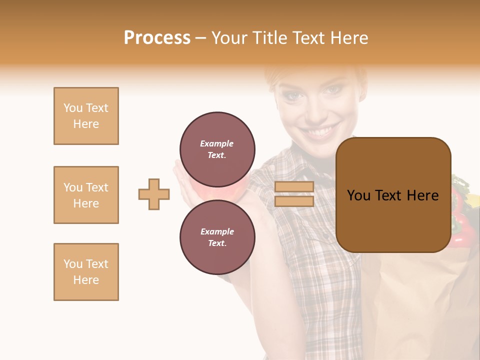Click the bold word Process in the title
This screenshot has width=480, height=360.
(157, 38)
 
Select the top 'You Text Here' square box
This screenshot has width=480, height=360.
(86, 116)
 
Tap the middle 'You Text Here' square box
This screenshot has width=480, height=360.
(86, 195)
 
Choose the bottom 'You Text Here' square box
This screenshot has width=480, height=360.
(86, 272)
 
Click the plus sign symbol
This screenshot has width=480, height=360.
(154, 194)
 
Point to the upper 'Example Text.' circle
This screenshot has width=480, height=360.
(217, 149)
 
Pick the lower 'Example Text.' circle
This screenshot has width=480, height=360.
(217, 237)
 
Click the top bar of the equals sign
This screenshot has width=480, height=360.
(294, 187)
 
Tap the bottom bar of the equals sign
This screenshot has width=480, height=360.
(294, 201)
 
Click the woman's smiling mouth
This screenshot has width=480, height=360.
(319, 132)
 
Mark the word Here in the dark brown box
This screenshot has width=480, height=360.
(422, 195)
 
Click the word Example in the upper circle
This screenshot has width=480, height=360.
(216, 143)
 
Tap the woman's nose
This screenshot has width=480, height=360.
(315, 110)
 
